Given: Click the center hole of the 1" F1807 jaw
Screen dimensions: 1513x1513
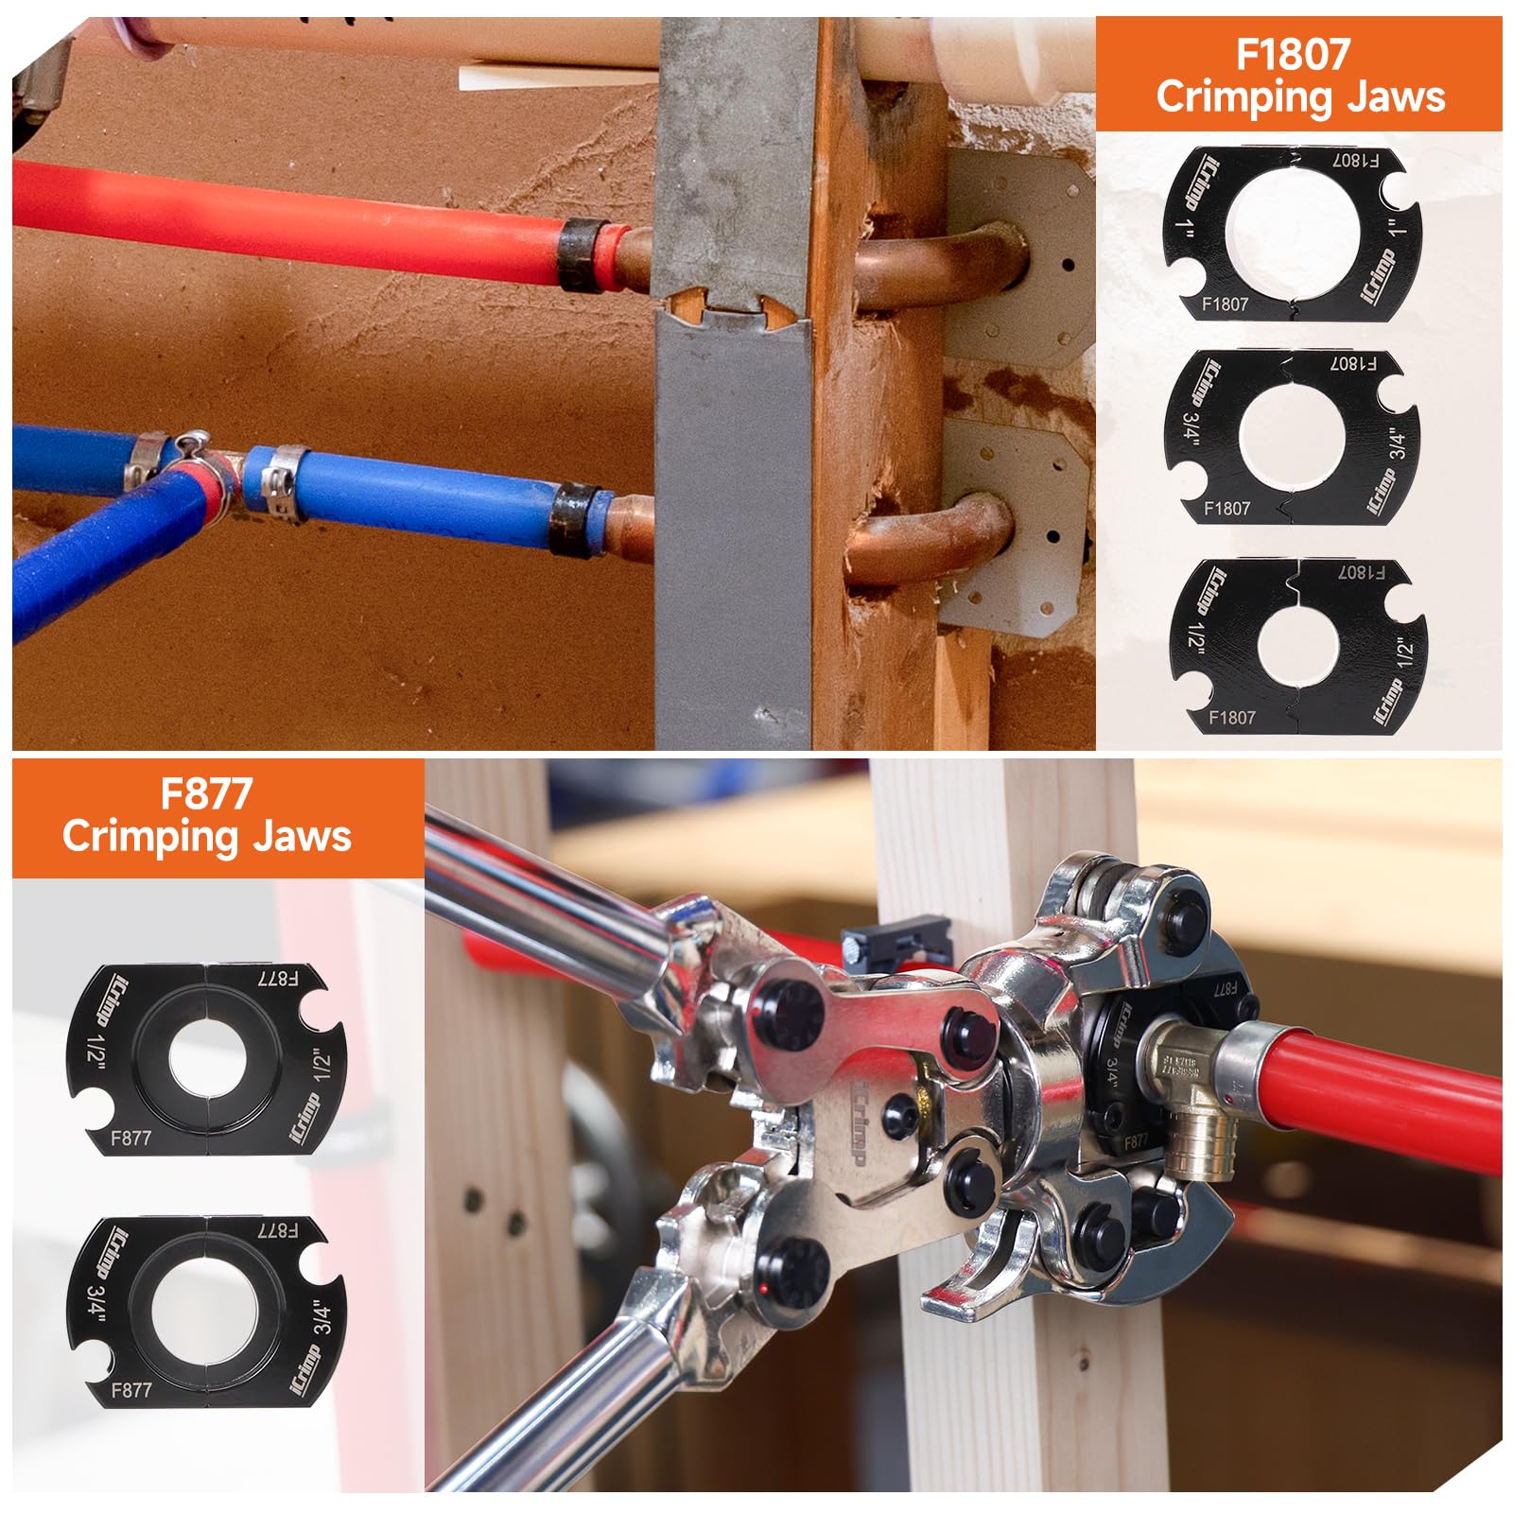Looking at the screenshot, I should pyautogui.click(x=1292, y=233).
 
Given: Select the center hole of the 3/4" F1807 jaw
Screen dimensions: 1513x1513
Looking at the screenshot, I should pyautogui.click(x=1292, y=438).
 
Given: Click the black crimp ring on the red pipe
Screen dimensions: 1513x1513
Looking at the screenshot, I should pyautogui.click(x=582, y=253).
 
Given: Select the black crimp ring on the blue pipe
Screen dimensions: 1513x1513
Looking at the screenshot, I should pyautogui.click(x=575, y=517).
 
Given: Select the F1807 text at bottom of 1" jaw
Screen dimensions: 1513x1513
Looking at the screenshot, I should pyautogui.click(x=1225, y=304).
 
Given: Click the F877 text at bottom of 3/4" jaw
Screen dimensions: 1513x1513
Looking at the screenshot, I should pyautogui.click(x=130, y=1389).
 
